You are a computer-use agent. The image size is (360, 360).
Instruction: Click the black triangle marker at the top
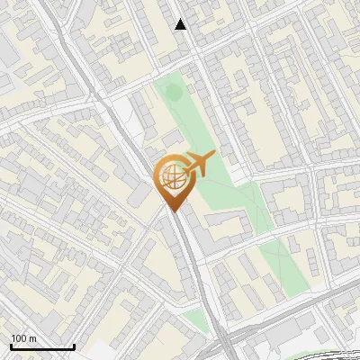[x=181, y=24]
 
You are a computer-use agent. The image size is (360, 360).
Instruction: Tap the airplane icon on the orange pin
[x=199, y=164]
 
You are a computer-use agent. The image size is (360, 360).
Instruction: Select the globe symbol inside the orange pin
[x=171, y=179]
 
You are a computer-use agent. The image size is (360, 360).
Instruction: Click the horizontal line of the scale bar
[x=42, y=346]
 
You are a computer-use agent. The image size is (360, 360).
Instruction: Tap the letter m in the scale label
[x=33, y=339]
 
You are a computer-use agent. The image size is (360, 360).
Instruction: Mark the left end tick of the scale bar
[x=11, y=345]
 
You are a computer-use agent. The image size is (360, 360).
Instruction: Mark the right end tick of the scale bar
[x=74, y=345]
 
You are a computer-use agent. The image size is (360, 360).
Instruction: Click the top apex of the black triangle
[x=181, y=19]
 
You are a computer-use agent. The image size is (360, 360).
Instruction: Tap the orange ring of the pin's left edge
[x=156, y=178]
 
